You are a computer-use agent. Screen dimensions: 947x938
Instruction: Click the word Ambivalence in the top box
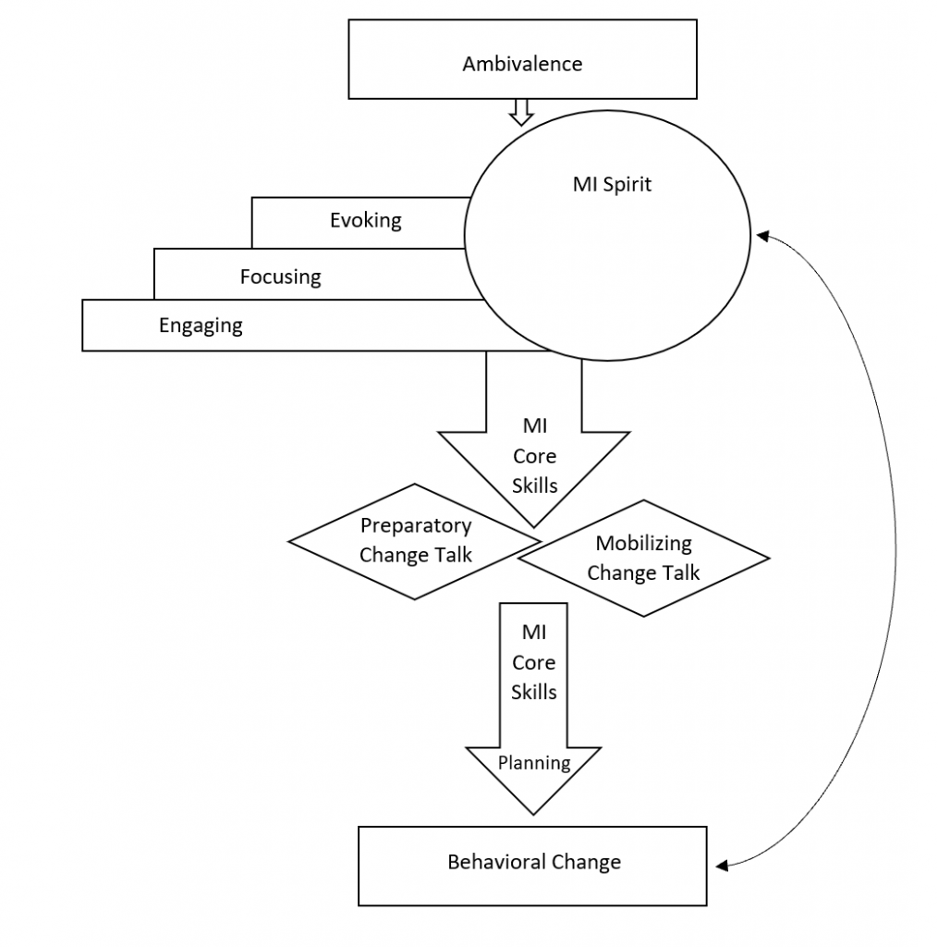[x=522, y=64]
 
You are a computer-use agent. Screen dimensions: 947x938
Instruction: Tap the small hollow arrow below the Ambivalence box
[x=521, y=112]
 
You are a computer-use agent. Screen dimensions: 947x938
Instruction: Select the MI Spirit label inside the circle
[x=612, y=184]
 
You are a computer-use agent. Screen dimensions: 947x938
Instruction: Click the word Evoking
[x=366, y=220]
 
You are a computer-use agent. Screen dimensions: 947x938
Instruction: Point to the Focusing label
[x=280, y=277]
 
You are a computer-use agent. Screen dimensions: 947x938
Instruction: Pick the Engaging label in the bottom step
[x=201, y=326]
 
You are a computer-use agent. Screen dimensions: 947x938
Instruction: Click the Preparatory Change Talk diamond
[x=415, y=540]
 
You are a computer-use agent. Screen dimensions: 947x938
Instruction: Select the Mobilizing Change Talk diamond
[x=643, y=558]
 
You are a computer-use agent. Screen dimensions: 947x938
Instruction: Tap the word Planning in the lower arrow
[x=534, y=763]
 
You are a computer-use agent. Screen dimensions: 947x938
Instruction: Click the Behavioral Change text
[x=534, y=862]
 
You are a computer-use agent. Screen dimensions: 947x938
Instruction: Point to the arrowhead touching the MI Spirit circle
[x=762, y=236]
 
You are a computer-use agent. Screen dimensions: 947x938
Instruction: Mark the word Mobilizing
[x=643, y=544]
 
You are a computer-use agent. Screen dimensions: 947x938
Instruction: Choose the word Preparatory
[x=415, y=526]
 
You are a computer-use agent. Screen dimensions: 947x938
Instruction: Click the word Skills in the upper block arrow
[x=534, y=485]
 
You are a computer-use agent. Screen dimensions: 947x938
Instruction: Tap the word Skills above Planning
[x=534, y=692]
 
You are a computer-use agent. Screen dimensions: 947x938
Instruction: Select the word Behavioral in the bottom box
[x=496, y=862]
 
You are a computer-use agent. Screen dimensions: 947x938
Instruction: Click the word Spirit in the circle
[x=626, y=184]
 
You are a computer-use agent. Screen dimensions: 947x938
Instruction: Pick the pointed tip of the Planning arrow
[x=534, y=811]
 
